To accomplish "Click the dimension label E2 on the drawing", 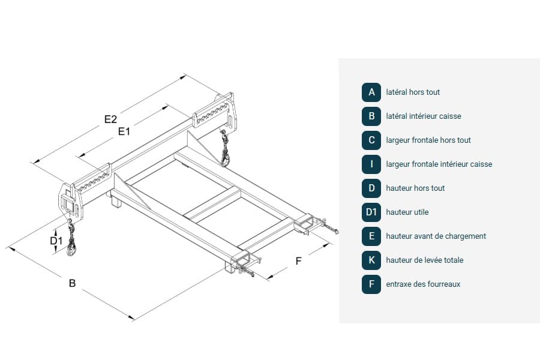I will click(x=110, y=119).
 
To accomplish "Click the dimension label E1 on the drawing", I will click(x=124, y=131).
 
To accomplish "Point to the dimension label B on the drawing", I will click(x=72, y=283).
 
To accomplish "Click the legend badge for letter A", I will click(x=371, y=92).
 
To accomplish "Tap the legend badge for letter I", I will click(x=371, y=164).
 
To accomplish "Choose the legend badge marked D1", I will click(x=371, y=212).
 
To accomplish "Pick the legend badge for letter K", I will click(x=371, y=260).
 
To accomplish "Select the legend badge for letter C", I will click(x=371, y=140).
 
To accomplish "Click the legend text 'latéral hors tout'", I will click(x=413, y=92).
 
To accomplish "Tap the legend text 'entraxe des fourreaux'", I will click(x=423, y=284).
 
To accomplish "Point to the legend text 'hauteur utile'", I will click(x=407, y=212).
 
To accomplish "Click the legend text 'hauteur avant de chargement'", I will click(x=436, y=236).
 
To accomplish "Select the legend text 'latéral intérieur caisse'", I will click(x=424, y=116).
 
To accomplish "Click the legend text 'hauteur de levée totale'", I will click(x=425, y=260).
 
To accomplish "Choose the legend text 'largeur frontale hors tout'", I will click(x=428, y=140).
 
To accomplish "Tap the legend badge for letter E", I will click(x=371, y=236).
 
